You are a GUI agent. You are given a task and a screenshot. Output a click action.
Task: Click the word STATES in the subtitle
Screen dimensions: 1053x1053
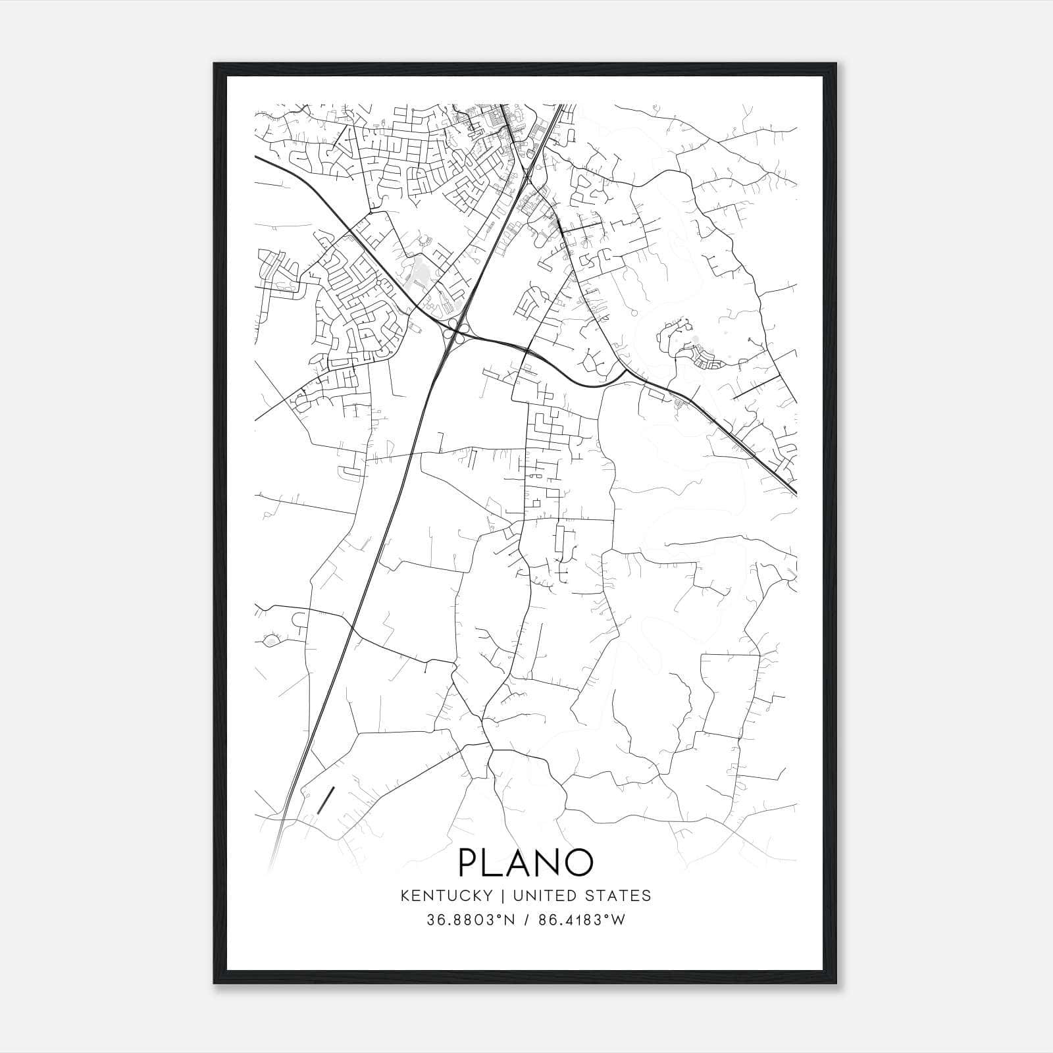[619, 895]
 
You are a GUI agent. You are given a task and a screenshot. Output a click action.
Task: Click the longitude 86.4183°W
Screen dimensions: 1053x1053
[582, 920]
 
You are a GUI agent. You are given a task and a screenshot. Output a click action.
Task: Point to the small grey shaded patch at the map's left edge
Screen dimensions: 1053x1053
[270, 639]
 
